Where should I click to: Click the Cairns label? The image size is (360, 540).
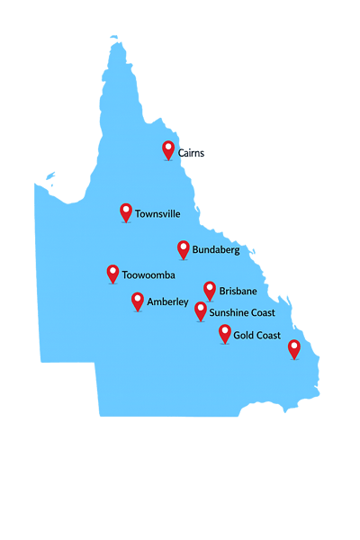pyautogui.click(x=191, y=153)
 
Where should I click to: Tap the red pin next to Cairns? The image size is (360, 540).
pyautogui.click(x=168, y=149)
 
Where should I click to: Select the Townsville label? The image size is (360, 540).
pyautogui.click(x=157, y=215)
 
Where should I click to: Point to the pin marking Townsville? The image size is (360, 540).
pyautogui.click(x=126, y=211)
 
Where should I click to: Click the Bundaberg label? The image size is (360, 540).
pyautogui.click(x=216, y=250)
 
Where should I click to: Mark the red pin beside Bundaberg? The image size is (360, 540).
pyautogui.click(x=184, y=248)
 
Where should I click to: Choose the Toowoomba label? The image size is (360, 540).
pyautogui.click(x=148, y=274)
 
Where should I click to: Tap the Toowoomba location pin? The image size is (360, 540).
pyautogui.click(x=113, y=273)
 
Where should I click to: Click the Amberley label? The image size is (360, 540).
pyautogui.click(x=167, y=301)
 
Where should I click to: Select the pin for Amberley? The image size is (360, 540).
pyautogui.click(x=138, y=301)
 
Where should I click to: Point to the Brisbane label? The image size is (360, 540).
pyautogui.click(x=238, y=292)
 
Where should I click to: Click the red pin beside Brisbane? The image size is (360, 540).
pyautogui.click(x=210, y=289)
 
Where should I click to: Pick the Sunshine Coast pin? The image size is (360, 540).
pyautogui.click(x=201, y=310)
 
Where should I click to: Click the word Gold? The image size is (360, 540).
pyautogui.click(x=243, y=336)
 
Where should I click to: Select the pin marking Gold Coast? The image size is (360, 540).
pyautogui.click(x=225, y=333)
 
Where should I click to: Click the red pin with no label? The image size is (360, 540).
pyautogui.click(x=293, y=348)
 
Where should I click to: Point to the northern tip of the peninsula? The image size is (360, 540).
pyautogui.click(x=114, y=39)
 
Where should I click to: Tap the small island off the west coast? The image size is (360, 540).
pyautogui.click(x=50, y=177)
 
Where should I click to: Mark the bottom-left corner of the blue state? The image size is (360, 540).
pyautogui.click(x=100, y=415)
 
